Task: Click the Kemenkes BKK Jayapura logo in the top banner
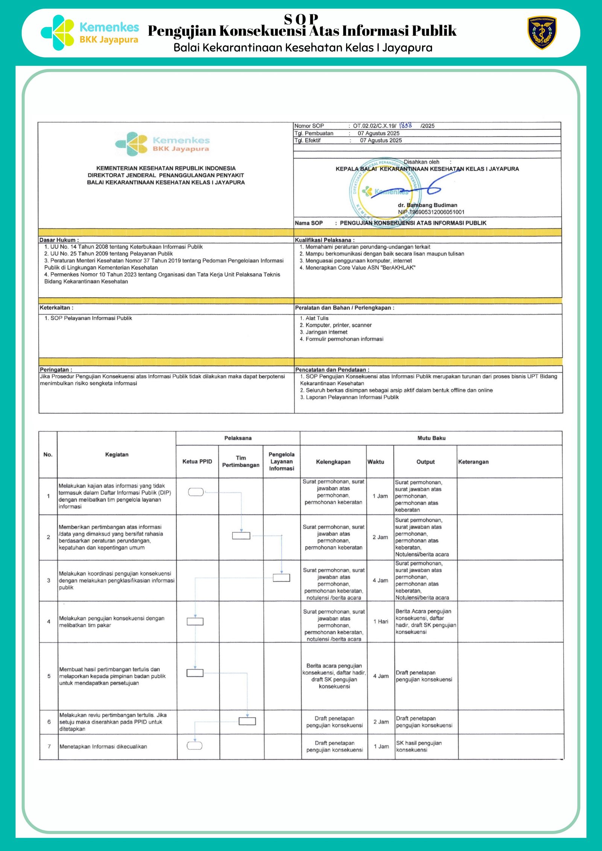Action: point(90,33)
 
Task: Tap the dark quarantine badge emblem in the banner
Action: point(542,33)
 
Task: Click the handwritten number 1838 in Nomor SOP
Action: point(406,125)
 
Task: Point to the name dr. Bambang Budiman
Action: point(427,205)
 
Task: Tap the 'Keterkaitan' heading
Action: point(56,308)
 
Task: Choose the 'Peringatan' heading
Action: point(56,370)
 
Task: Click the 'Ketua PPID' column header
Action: point(197,461)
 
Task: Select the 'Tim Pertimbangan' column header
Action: point(241,461)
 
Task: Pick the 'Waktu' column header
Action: point(375,462)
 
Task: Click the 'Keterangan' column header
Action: point(473,462)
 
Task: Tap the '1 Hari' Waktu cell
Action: point(381,622)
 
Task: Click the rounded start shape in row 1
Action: point(196,492)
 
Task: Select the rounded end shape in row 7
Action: point(195,745)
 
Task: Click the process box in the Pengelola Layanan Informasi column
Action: point(281,578)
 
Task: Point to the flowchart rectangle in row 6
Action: point(247,721)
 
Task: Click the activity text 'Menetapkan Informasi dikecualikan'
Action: point(103,746)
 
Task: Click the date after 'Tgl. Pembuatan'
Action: point(379,133)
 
